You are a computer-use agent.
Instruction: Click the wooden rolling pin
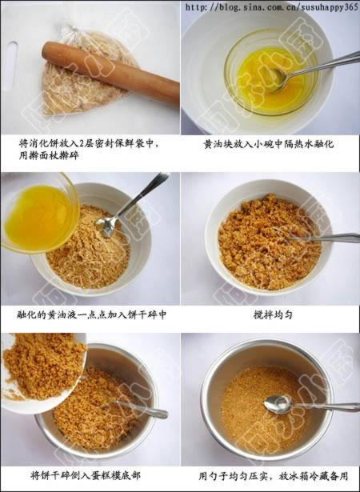tap(110, 73)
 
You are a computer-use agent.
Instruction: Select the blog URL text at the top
tap(271, 7)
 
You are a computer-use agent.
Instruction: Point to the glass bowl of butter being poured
tap(39, 214)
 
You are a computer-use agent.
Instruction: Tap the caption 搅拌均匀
tap(273, 314)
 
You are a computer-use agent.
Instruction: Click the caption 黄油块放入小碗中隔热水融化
tap(268, 144)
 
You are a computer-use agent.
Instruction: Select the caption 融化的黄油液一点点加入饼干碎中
tap(91, 314)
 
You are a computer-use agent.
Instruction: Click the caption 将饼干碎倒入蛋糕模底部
tap(86, 475)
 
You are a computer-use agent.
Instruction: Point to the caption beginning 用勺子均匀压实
tap(274, 476)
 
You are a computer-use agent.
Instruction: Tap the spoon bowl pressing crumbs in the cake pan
tap(278, 405)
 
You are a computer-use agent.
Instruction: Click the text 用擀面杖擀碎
tap(49, 155)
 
